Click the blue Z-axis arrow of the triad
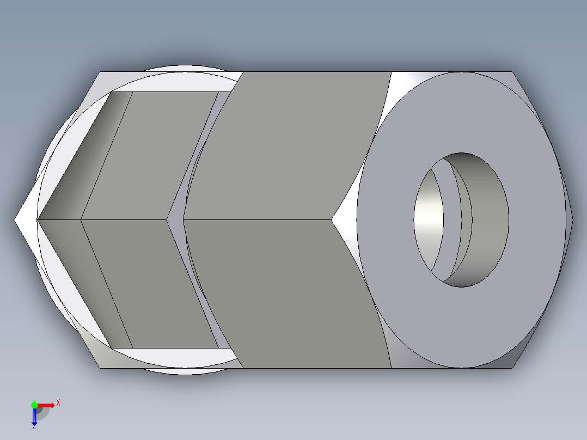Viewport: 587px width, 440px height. coord(34,417)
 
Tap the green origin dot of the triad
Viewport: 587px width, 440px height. coord(34,405)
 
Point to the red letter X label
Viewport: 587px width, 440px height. coord(58,403)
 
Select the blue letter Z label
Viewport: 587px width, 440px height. coord(34,427)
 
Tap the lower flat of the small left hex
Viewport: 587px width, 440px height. coord(147,283)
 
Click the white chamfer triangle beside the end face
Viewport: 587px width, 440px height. coord(344,220)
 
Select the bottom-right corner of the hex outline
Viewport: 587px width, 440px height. coord(513,368)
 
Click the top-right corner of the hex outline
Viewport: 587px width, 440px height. coord(513,72)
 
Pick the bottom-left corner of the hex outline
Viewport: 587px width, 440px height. coord(100,368)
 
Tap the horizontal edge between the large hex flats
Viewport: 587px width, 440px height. coord(256,220)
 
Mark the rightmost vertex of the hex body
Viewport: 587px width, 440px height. coord(573,220)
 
